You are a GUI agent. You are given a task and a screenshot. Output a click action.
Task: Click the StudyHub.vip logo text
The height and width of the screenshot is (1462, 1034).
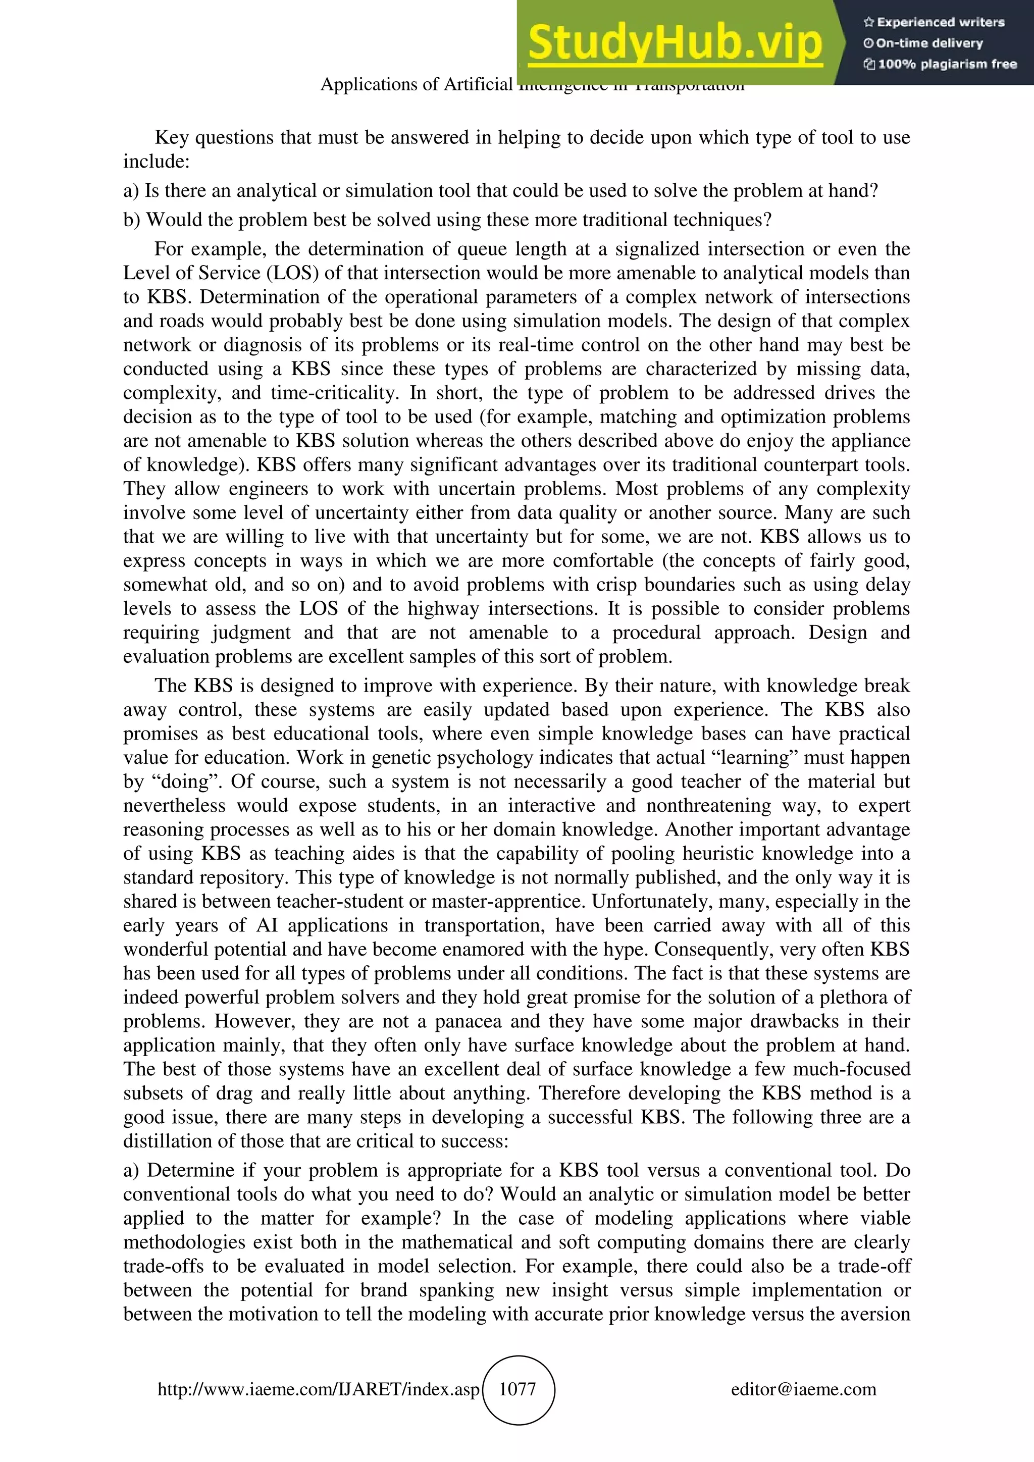[x=675, y=42]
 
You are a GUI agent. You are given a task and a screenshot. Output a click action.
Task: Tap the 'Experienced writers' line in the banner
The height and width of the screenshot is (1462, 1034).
[x=934, y=22]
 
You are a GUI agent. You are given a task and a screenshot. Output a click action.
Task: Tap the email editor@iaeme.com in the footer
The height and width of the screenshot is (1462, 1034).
[x=803, y=1389]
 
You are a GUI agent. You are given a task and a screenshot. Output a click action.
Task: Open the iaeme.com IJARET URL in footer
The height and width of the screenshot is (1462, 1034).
[x=318, y=1389]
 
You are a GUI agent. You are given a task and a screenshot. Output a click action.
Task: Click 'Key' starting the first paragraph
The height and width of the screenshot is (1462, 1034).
[x=172, y=137]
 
